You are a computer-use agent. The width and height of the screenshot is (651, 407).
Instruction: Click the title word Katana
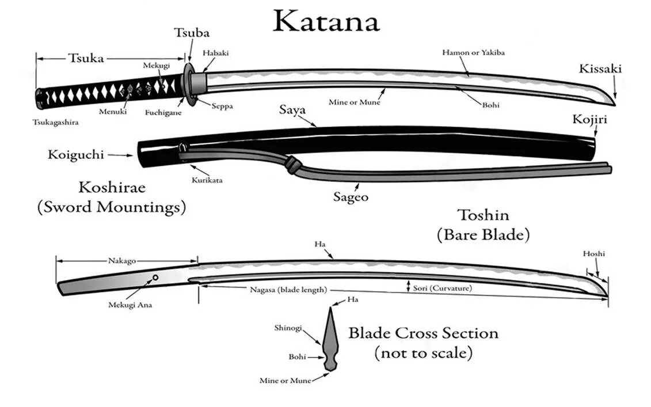click(x=326, y=21)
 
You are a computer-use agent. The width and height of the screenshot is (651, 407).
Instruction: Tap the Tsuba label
click(x=192, y=33)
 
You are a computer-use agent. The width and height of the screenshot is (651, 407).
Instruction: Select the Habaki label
click(x=216, y=52)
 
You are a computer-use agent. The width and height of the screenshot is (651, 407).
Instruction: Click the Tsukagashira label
click(x=55, y=122)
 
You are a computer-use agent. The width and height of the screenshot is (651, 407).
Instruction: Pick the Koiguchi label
click(x=75, y=154)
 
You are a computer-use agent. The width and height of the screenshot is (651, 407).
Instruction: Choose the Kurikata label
click(x=207, y=180)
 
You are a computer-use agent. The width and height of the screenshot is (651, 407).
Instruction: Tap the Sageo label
click(x=351, y=196)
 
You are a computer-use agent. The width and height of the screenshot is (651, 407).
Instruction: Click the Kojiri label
click(x=589, y=120)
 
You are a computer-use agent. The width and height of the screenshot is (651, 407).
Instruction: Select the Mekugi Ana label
click(x=130, y=305)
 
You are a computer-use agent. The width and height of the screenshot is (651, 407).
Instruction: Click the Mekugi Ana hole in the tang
click(x=155, y=278)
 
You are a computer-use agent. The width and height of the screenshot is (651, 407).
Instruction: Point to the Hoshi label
click(x=594, y=253)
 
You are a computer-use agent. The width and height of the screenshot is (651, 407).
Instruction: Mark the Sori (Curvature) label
click(x=442, y=288)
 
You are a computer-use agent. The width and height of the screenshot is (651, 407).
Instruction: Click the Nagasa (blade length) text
click(x=288, y=290)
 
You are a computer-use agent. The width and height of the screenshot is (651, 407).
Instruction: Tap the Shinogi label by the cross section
click(x=288, y=328)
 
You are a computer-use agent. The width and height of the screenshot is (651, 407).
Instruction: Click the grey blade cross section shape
click(x=332, y=340)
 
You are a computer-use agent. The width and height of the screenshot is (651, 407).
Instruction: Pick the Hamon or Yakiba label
click(x=473, y=52)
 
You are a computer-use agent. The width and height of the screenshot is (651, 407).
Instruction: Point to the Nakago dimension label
click(x=122, y=261)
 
